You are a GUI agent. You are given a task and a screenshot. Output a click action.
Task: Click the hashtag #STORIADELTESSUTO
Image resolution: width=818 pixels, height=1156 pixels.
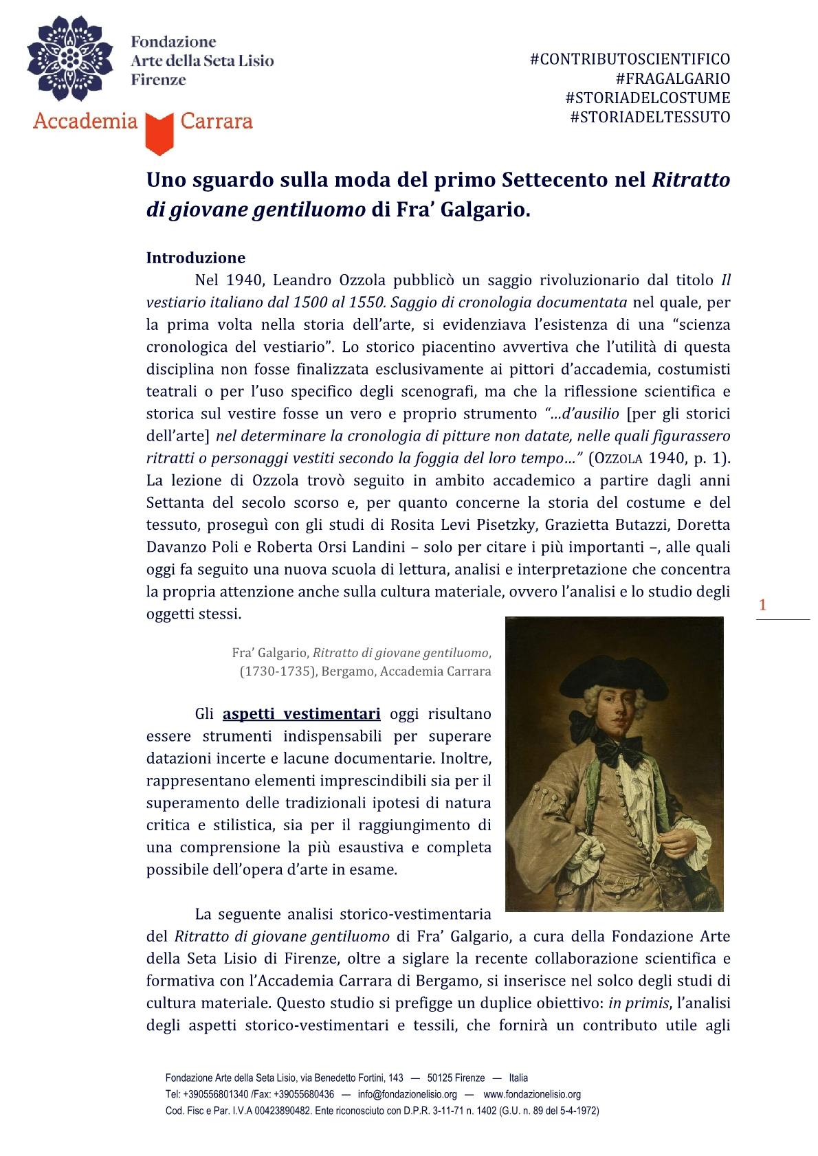(x=650, y=117)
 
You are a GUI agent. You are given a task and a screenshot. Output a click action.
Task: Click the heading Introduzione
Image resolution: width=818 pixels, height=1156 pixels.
(x=196, y=258)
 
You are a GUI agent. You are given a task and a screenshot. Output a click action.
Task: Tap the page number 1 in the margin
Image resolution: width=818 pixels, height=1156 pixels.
(x=762, y=605)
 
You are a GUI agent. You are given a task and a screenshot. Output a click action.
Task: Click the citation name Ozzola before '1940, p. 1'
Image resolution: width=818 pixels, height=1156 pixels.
(x=617, y=458)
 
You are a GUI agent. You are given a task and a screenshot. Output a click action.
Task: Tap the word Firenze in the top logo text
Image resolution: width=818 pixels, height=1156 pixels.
(x=158, y=80)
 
